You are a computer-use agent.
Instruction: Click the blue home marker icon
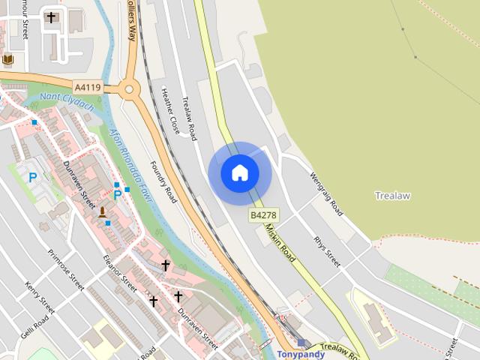pyautogui.click(x=240, y=173)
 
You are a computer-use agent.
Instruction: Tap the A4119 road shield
pyautogui.click(x=88, y=87)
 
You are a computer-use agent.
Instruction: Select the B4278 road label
pyautogui.click(x=263, y=214)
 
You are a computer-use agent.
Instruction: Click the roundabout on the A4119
pyautogui.click(x=129, y=90)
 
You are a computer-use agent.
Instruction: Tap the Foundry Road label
pyautogui.click(x=163, y=182)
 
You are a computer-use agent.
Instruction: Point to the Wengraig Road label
pyautogui.click(x=327, y=194)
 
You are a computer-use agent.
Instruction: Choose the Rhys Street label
pyautogui.click(x=328, y=252)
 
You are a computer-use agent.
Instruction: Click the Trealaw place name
pyautogui.click(x=392, y=196)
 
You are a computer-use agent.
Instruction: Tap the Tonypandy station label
pyautogui.click(x=300, y=354)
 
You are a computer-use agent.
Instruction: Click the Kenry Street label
pyautogui.click(x=39, y=298)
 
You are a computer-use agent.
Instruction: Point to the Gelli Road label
pyautogui.click(x=34, y=327)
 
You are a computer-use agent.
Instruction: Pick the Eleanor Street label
pyautogui.click(x=120, y=272)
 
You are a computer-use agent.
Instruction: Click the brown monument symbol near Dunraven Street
pyautogui.click(x=103, y=213)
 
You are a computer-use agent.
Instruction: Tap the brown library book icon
pyautogui.click(x=7, y=59)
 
